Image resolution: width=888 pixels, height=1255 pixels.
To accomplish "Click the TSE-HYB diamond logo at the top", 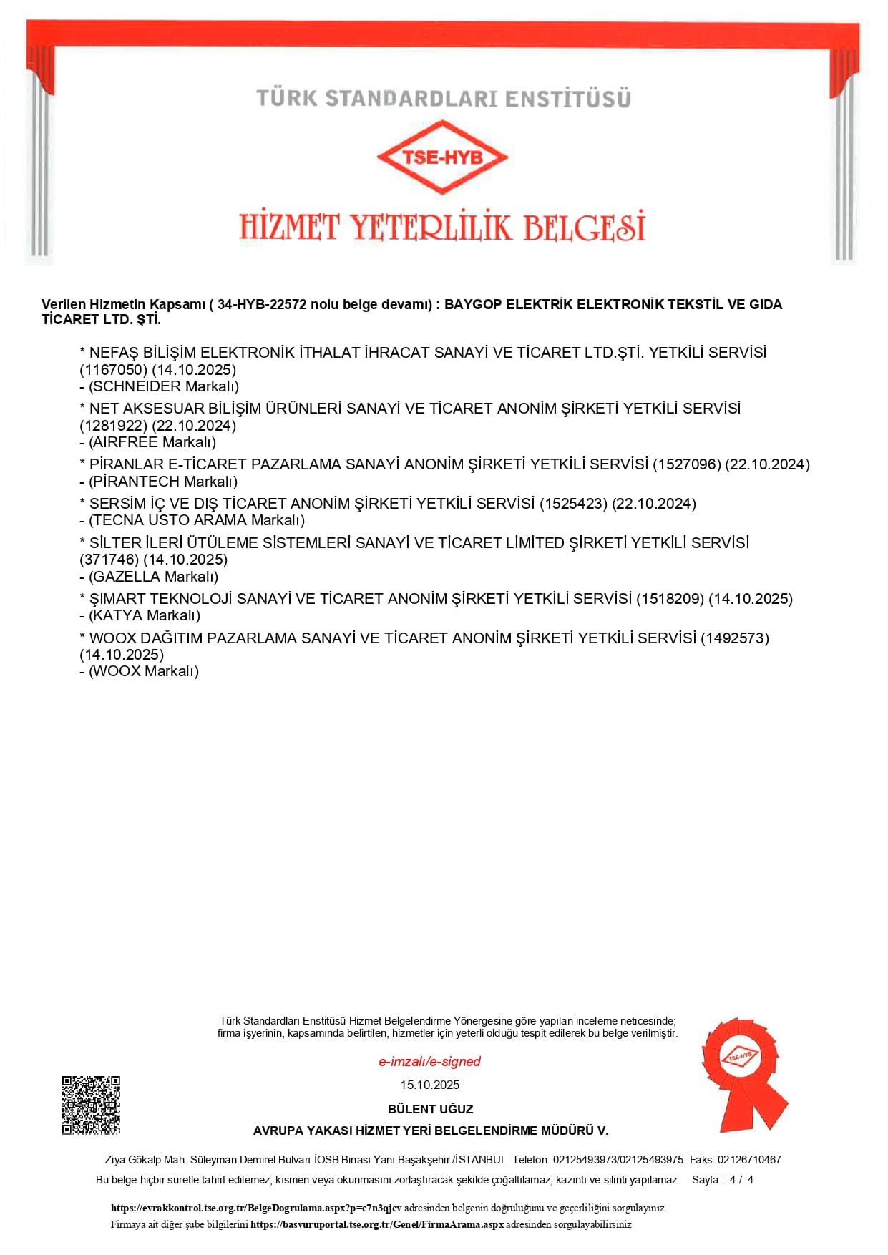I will point(442,157).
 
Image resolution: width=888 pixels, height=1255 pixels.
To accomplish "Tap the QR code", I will point(91,1105).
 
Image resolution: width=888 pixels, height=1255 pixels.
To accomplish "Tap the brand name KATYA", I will point(116,615).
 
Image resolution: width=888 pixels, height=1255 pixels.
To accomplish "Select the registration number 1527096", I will point(686,464).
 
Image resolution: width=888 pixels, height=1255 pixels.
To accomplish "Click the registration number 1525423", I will point(572,504).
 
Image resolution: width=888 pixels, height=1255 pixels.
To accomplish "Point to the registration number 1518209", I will point(670,599).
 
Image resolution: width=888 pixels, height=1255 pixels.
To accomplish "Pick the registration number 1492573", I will point(734,638).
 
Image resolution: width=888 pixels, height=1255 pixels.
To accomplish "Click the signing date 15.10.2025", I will point(429,1085).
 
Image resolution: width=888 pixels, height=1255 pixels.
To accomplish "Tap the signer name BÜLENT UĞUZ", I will point(430,1109).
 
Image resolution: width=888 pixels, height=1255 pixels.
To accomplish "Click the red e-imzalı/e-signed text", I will point(429,1062).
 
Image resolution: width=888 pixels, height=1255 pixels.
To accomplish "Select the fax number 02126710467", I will point(749,1160).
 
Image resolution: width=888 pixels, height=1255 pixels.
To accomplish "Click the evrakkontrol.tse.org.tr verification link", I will point(256,1208).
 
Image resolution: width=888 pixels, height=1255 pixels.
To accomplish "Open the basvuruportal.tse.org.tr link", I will point(377,1224).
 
